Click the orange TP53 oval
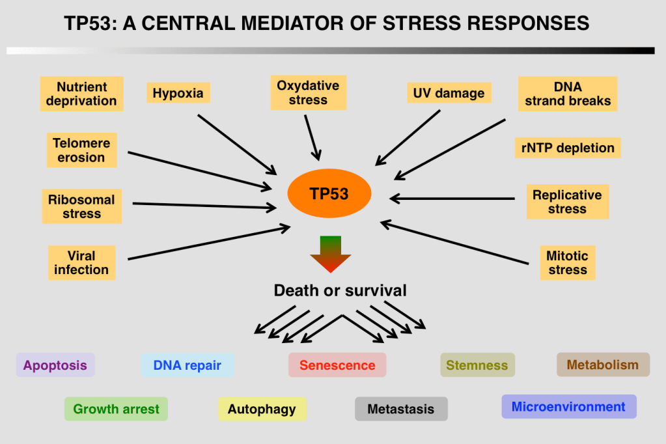tap(329, 193)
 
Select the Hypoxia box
tap(178, 93)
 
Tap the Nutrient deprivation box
tap(81, 94)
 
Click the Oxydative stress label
tap(308, 92)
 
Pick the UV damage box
tap(449, 93)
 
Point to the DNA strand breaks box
tap(568, 94)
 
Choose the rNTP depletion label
tap(568, 148)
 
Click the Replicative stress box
tap(567, 202)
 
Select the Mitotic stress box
tap(567, 262)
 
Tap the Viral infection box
tap(81, 262)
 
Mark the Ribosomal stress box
tap(81, 206)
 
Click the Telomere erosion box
tap(81, 150)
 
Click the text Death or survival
tap(340, 290)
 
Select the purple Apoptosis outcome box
tap(55, 365)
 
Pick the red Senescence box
tap(337, 365)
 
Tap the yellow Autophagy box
tap(262, 409)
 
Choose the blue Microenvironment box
tap(568, 407)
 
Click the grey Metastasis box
tap(400, 409)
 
